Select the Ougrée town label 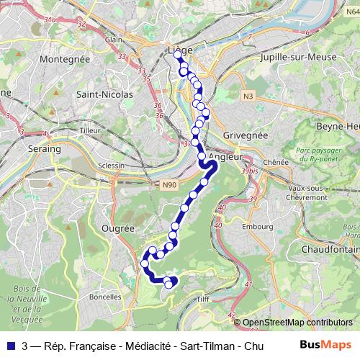click(x=120, y=228)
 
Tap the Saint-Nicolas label click(x=105, y=94)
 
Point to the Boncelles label click(x=105, y=297)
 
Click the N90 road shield click(x=168, y=185)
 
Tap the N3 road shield click(x=248, y=95)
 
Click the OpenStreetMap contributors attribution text click(x=297, y=323)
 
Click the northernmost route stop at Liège click(x=177, y=54)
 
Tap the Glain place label click(x=112, y=40)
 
